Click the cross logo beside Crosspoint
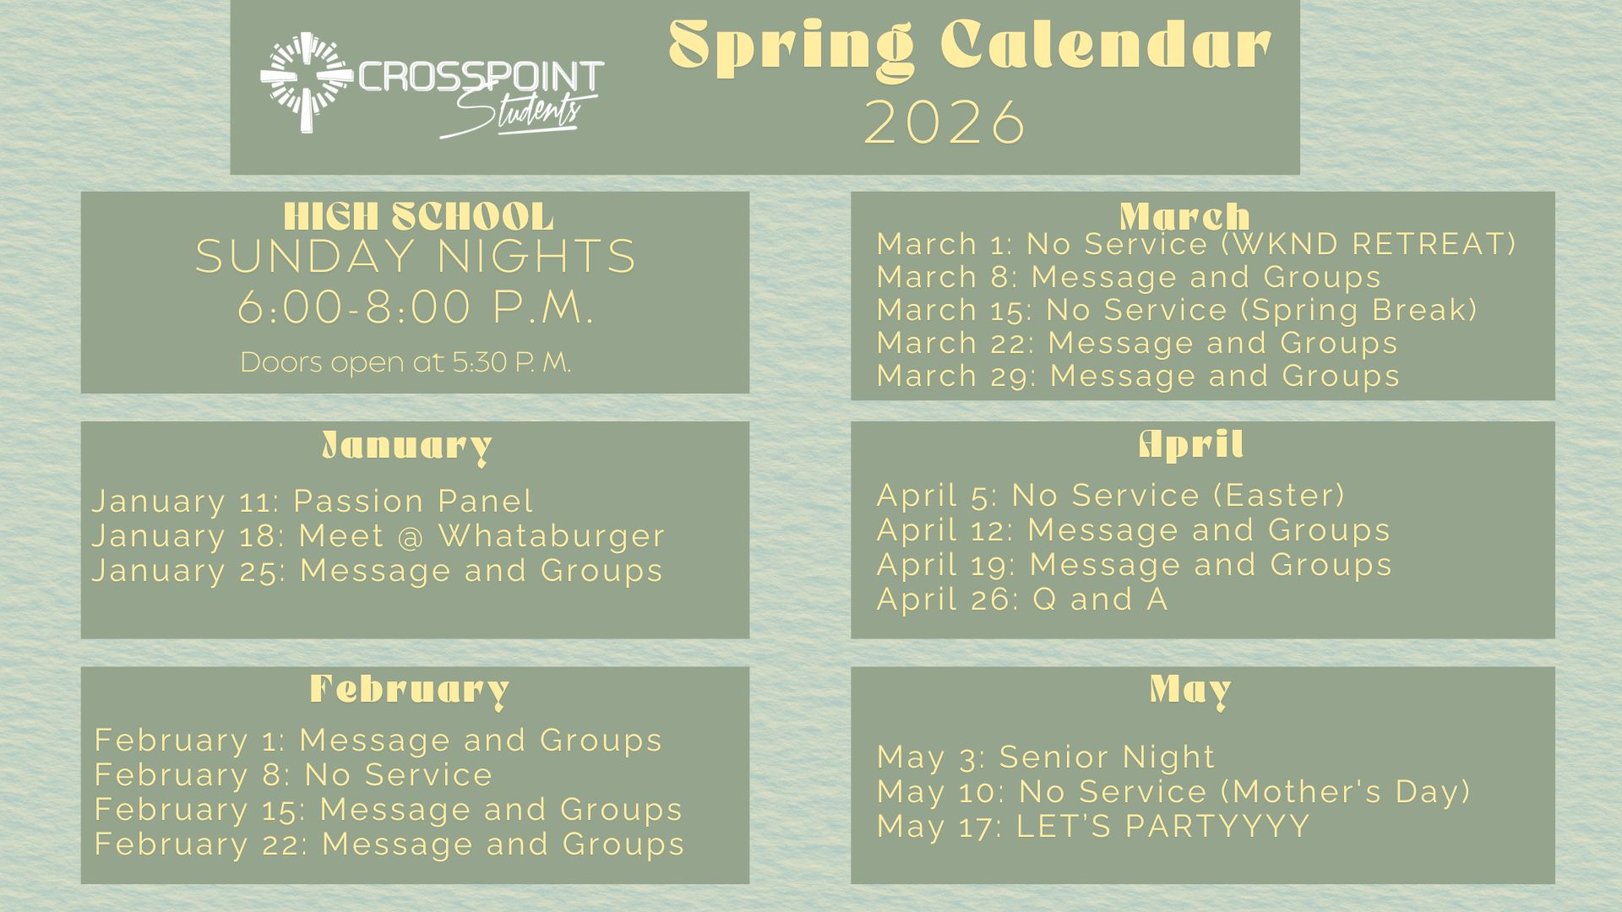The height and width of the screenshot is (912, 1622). (x=307, y=82)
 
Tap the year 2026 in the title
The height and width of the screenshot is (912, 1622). (x=945, y=122)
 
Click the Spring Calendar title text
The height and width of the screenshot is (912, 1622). (x=970, y=47)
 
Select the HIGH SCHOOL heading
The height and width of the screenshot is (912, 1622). (x=419, y=217)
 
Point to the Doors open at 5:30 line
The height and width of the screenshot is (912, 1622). (x=405, y=362)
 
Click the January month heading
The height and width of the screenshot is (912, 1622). (x=407, y=446)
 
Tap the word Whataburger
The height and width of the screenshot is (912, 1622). (x=552, y=535)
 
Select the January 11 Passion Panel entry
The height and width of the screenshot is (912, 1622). (x=313, y=501)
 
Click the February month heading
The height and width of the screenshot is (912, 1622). (x=410, y=690)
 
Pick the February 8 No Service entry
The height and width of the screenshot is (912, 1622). (x=293, y=774)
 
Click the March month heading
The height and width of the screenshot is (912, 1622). (x=1184, y=217)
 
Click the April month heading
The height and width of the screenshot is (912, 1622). (x=1191, y=443)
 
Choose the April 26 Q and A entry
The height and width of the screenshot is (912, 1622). (x=1022, y=599)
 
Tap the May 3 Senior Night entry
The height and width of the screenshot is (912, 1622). (x=1046, y=757)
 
